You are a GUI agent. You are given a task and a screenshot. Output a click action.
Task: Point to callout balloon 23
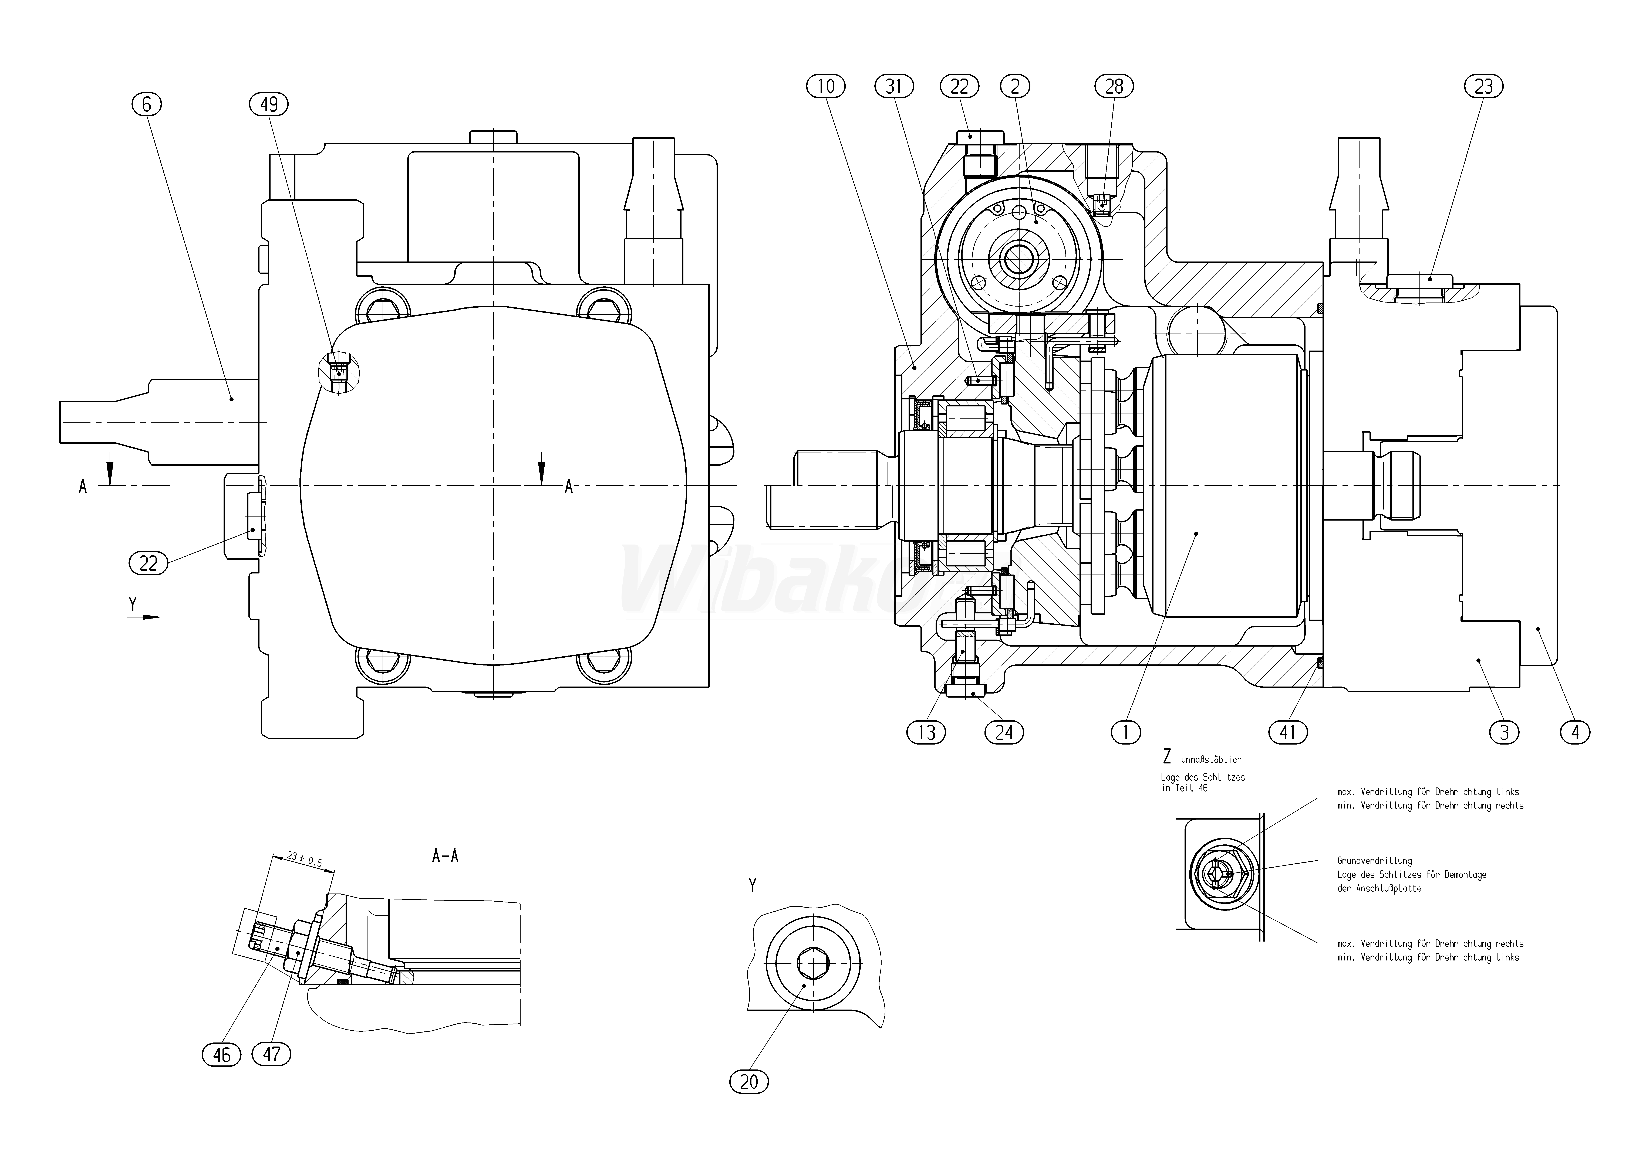1483,87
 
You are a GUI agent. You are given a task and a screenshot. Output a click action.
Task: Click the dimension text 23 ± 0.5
304,859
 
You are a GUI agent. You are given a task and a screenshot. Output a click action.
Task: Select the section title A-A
445,856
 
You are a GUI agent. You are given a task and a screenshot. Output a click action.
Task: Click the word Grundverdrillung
1374,861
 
